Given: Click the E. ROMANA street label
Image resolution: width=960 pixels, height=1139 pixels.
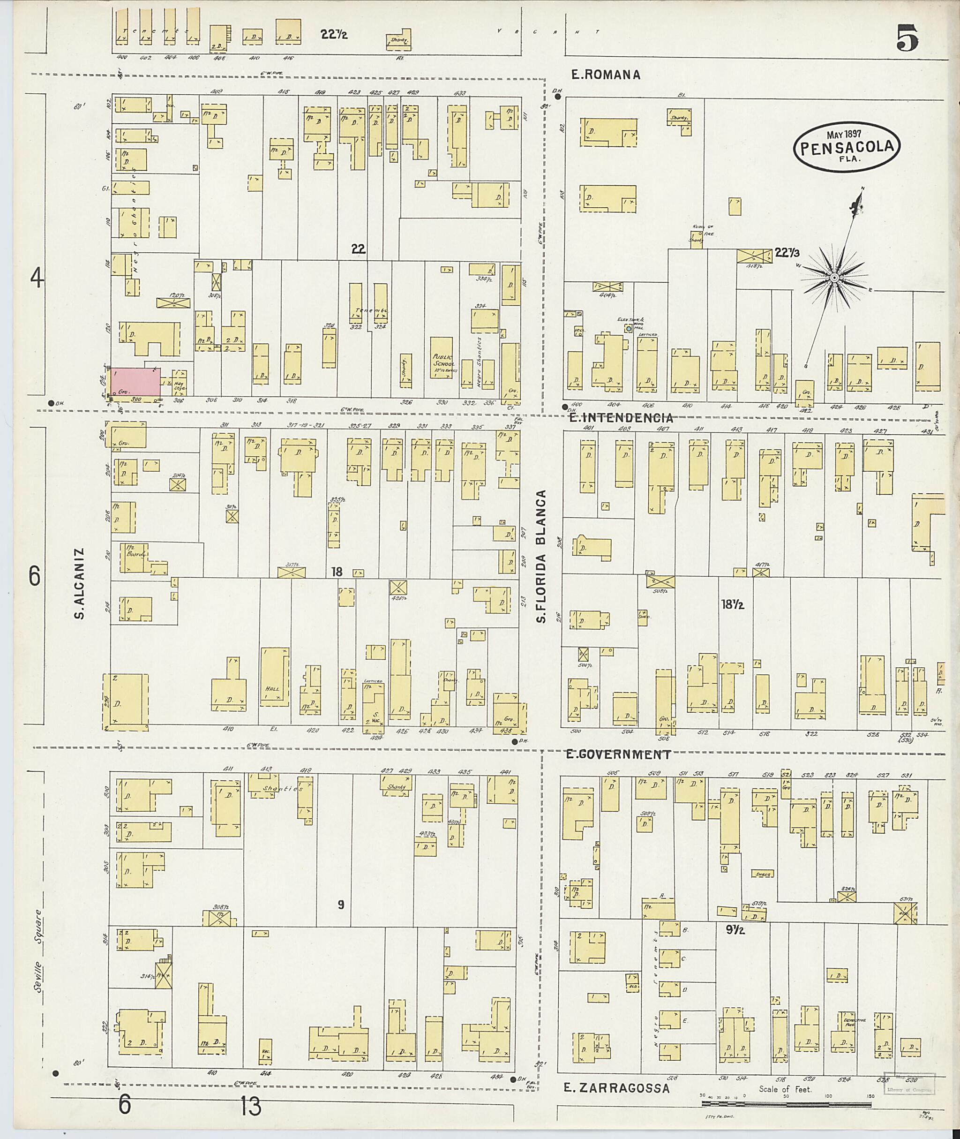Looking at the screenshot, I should point(605,75).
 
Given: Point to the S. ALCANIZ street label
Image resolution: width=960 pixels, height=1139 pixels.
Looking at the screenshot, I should point(80,584).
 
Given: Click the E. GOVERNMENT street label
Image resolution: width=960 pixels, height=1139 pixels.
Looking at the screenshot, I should point(618,754).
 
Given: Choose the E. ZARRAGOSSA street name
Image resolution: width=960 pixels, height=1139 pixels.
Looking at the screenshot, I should point(615,1088).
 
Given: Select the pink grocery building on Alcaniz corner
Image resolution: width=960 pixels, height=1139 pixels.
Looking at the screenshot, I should point(135,382).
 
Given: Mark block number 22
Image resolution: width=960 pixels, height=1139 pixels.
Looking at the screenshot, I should point(358,249).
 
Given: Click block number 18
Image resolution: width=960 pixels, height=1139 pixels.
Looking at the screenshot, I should point(337,572).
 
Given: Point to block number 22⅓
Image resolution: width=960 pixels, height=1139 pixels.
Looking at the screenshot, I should point(787,253).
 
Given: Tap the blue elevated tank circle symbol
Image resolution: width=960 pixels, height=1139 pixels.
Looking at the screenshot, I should point(629,329).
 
